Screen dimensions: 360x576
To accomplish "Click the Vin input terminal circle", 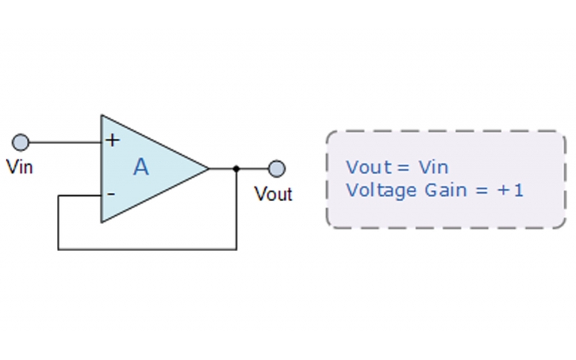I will coord(21,141).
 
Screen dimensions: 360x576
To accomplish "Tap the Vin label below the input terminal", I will coord(19,167).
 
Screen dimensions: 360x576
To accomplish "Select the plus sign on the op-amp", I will coord(112,140).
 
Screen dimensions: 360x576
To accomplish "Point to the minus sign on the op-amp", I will coord(111,194).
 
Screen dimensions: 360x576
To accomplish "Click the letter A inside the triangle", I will coord(141,168).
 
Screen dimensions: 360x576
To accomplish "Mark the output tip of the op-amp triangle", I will coord(208,169).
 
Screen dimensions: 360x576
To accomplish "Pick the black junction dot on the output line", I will coord(236,169).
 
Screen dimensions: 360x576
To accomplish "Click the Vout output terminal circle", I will coord(276,169).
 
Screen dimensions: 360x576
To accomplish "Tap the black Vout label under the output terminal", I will coord(273,194).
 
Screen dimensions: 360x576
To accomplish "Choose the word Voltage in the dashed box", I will coord(376,191).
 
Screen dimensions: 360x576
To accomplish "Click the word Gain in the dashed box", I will coord(441,191).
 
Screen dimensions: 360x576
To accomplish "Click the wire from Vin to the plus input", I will coord(65,142).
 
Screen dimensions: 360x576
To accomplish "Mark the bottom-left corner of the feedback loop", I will coord(58,249).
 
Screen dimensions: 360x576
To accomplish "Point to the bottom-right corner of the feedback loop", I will coord(236,249).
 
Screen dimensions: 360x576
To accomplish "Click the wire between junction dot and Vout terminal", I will coord(253,169).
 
